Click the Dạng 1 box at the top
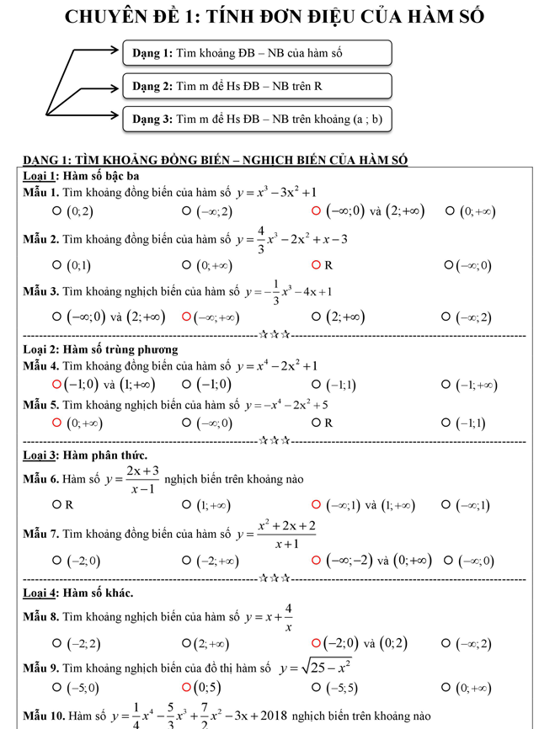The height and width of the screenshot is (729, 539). (257, 53)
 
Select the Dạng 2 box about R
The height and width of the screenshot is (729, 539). (257, 86)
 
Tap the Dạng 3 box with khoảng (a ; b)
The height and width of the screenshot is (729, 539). (257, 119)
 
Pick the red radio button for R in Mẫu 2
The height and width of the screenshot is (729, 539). (317, 265)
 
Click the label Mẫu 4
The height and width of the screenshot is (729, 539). (40, 366)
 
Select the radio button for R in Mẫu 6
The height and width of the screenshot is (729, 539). (56, 506)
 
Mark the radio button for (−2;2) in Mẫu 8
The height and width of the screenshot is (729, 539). (56, 644)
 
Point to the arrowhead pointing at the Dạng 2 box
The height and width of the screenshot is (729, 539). (116, 86)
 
